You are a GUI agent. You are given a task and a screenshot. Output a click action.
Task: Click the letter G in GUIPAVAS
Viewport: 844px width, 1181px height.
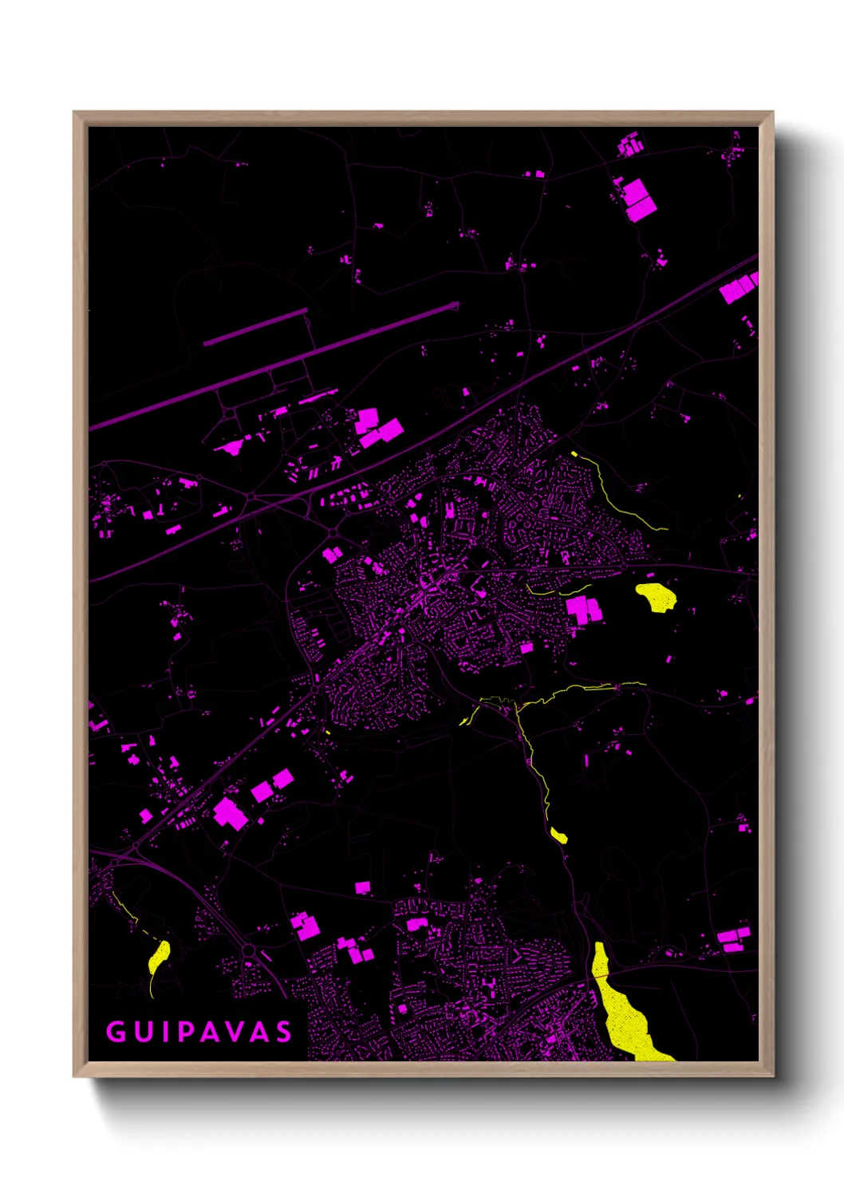click(116, 1032)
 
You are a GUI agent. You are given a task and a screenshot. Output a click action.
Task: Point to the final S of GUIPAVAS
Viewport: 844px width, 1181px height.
click(284, 1032)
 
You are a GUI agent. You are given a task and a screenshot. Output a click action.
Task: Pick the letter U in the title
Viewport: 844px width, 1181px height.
click(141, 1032)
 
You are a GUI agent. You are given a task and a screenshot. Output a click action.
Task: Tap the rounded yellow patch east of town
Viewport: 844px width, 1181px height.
click(657, 596)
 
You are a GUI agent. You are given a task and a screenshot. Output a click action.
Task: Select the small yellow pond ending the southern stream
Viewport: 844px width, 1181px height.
click(559, 835)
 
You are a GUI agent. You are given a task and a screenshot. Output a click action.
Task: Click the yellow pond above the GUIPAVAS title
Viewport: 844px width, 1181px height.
click(159, 956)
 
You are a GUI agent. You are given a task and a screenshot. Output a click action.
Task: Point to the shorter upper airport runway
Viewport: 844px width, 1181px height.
click(255, 328)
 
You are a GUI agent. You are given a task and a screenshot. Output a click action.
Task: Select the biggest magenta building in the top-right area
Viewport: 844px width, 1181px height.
click(638, 199)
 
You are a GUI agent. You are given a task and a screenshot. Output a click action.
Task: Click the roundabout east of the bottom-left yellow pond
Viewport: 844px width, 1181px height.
click(248, 950)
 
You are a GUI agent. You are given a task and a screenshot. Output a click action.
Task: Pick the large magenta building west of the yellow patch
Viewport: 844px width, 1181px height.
click(583, 610)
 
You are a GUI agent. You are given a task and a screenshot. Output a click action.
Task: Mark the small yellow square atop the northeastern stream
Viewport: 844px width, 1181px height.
click(574, 454)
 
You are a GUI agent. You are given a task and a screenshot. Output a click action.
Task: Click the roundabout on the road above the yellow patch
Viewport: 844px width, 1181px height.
click(622, 567)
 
